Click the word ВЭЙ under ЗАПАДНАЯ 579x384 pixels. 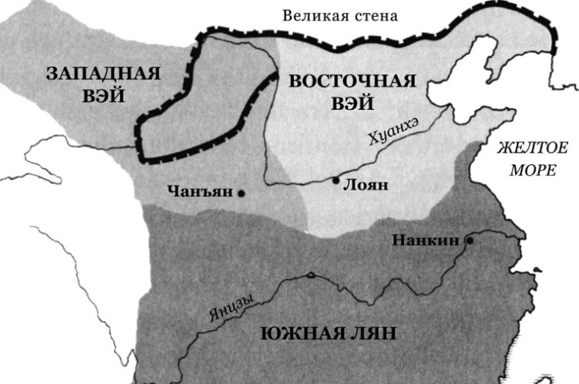tap(103, 96)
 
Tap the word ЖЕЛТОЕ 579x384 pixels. tap(532, 148)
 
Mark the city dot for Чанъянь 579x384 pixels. tap(240, 193)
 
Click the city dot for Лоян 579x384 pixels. tap(336, 180)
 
